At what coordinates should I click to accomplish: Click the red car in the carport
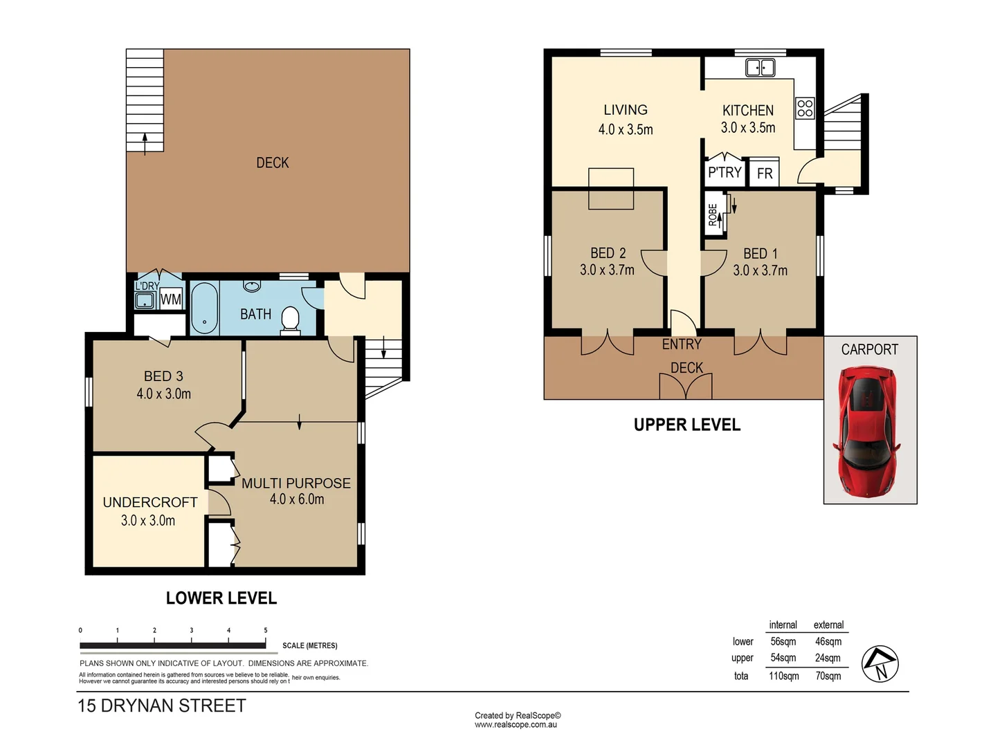(869, 432)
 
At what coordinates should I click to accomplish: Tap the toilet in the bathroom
(291, 320)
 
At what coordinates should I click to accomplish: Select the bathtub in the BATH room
(204, 307)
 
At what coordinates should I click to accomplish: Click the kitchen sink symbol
(760, 67)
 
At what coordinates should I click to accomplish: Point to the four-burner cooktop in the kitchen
(805, 107)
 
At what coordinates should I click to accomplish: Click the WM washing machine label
(171, 299)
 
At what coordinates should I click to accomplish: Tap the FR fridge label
(765, 174)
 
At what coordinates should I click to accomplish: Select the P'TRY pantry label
(725, 172)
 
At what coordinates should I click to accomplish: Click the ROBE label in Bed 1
(713, 214)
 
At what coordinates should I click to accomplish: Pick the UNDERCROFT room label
(150, 502)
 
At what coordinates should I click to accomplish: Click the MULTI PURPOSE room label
(295, 483)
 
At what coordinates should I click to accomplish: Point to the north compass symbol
(880, 664)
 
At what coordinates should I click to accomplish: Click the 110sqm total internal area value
(783, 676)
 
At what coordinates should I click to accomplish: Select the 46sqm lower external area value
(828, 641)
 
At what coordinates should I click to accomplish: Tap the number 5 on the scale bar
(266, 630)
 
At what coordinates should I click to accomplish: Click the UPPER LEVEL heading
(686, 425)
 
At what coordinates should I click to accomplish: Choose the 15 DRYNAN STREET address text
(162, 705)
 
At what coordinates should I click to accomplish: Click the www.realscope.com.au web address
(516, 725)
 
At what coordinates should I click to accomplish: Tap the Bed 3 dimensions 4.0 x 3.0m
(163, 394)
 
